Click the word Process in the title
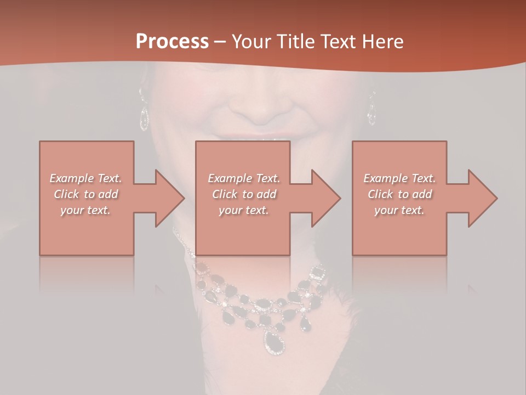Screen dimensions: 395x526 (172, 42)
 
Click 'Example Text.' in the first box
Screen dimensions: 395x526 (86, 178)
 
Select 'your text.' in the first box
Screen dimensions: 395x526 (86, 210)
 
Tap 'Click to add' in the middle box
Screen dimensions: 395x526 (244, 194)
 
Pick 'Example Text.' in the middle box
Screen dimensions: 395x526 (244, 178)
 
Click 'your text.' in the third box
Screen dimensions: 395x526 (399, 210)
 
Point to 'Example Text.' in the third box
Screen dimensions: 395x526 (399, 178)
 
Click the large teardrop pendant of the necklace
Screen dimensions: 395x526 (274, 342)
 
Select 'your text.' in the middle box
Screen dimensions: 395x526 (244, 210)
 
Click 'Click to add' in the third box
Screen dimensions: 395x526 (399, 194)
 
